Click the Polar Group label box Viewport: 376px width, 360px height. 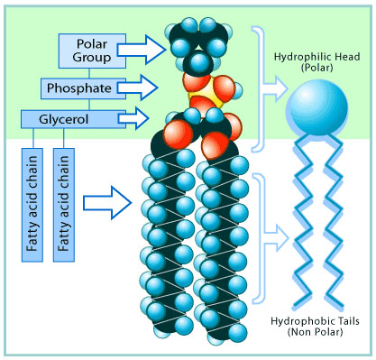92,51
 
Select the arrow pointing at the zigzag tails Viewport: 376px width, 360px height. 275,238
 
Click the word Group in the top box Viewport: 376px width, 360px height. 92,58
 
